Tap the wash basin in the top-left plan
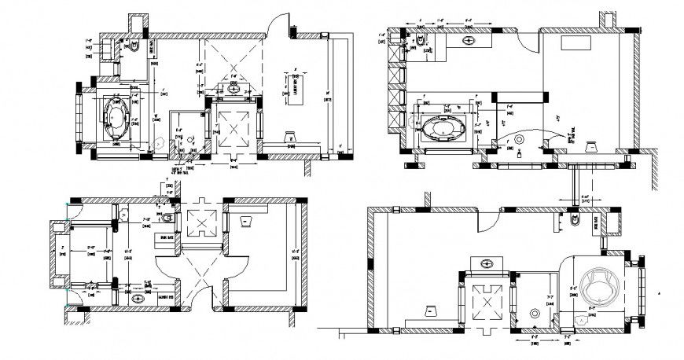click(234, 88)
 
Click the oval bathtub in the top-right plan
click(445, 127)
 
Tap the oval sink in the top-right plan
click(469, 39)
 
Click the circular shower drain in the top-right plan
click(520, 139)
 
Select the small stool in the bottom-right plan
click(430, 310)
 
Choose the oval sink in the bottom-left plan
click(139, 298)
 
